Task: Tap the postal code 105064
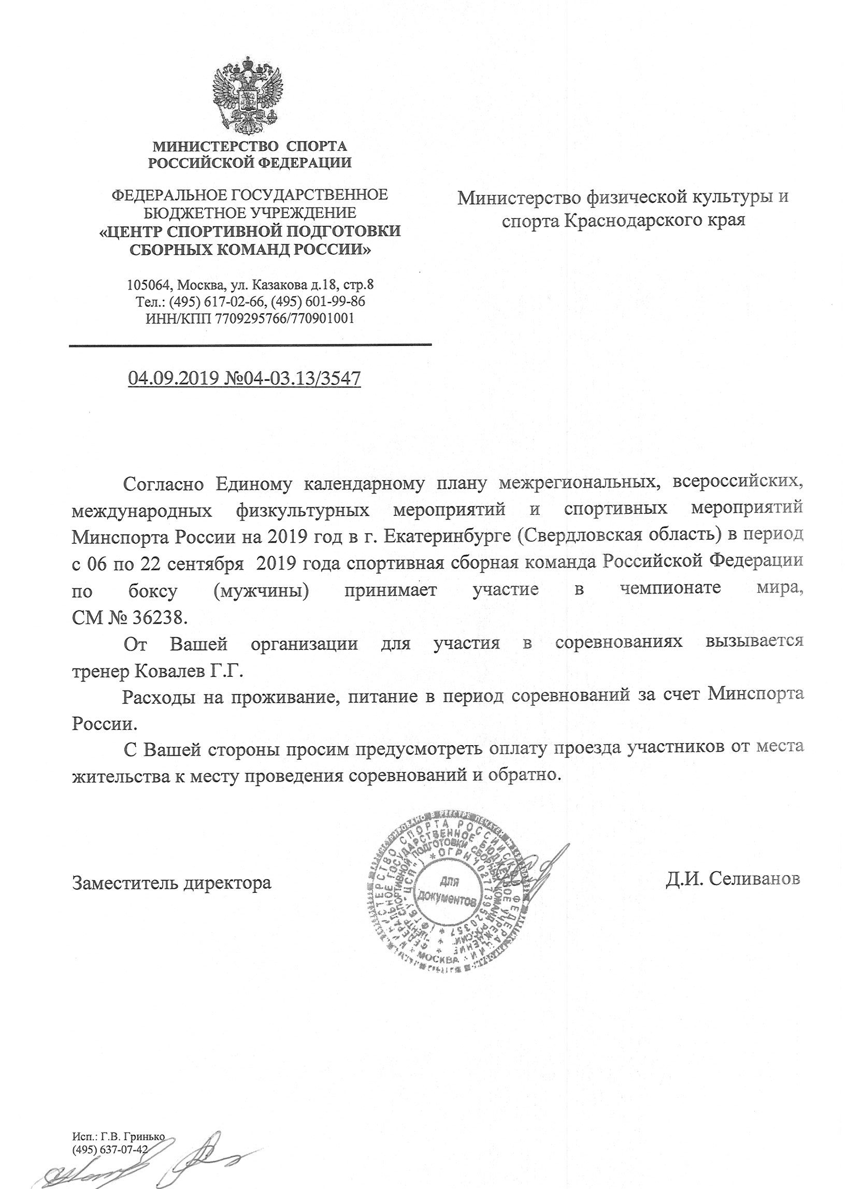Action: [x=150, y=285]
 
